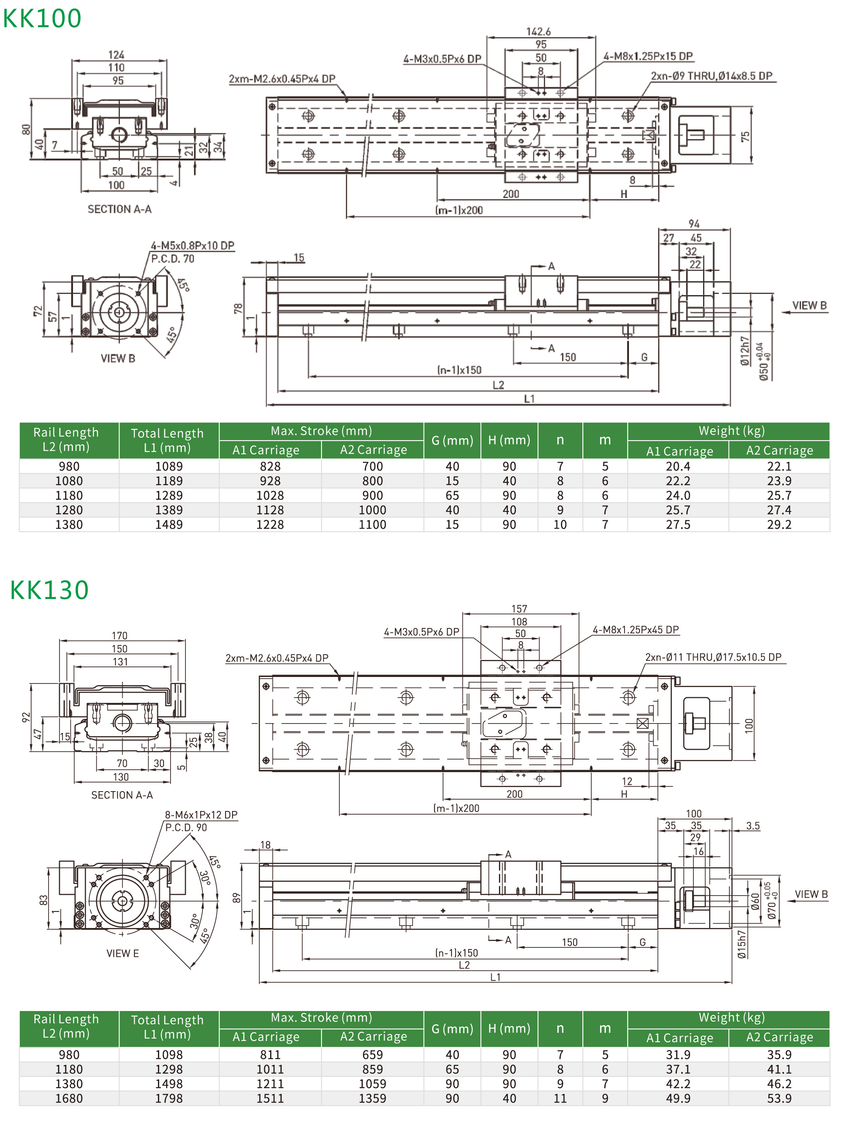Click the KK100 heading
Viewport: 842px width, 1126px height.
(x=42, y=18)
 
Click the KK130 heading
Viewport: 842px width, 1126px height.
(x=49, y=590)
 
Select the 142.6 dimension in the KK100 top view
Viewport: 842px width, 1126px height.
(x=538, y=32)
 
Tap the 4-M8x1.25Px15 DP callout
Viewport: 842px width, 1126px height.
(x=648, y=56)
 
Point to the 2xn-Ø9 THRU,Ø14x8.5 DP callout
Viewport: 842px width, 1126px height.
(x=711, y=76)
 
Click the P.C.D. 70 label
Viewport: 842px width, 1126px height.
(x=173, y=259)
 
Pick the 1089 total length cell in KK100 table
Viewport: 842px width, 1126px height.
(x=168, y=466)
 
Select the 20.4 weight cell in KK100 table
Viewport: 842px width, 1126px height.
(x=678, y=466)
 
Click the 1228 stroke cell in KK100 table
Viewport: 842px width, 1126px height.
(x=270, y=524)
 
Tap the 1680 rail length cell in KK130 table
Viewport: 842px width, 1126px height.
(x=69, y=1098)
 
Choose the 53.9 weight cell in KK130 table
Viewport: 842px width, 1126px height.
(x=779, y=1098)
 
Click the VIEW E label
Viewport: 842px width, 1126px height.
(x=122, y=954)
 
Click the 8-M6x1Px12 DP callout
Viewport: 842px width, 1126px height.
(x=201, y=815)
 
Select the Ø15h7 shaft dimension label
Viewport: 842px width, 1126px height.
(x=742, y=944)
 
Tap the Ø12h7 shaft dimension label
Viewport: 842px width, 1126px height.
(x=744, y=351)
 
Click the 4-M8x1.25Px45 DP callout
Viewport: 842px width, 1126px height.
(x=635, y=630)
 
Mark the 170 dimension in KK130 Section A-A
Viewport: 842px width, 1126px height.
(x=119, y=635)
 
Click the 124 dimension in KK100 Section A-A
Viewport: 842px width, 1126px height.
(x=116, y=55)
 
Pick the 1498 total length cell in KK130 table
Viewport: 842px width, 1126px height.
(x=168, y=1084)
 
